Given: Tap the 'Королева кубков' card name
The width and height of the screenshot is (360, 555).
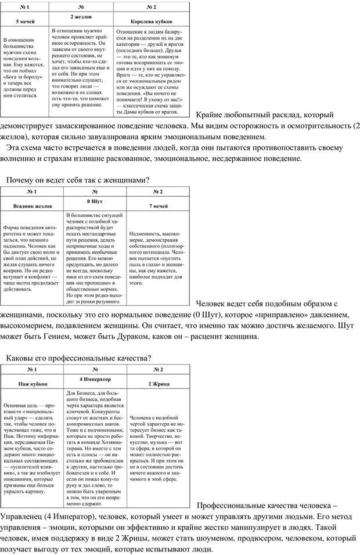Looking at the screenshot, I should (x=153, y=20).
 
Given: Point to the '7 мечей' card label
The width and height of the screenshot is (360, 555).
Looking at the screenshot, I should (x=158, y=206).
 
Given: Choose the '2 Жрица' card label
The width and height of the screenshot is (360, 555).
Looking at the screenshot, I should (x=158, y=384).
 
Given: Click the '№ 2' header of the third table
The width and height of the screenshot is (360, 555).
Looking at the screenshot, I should (x=158, y=369).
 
